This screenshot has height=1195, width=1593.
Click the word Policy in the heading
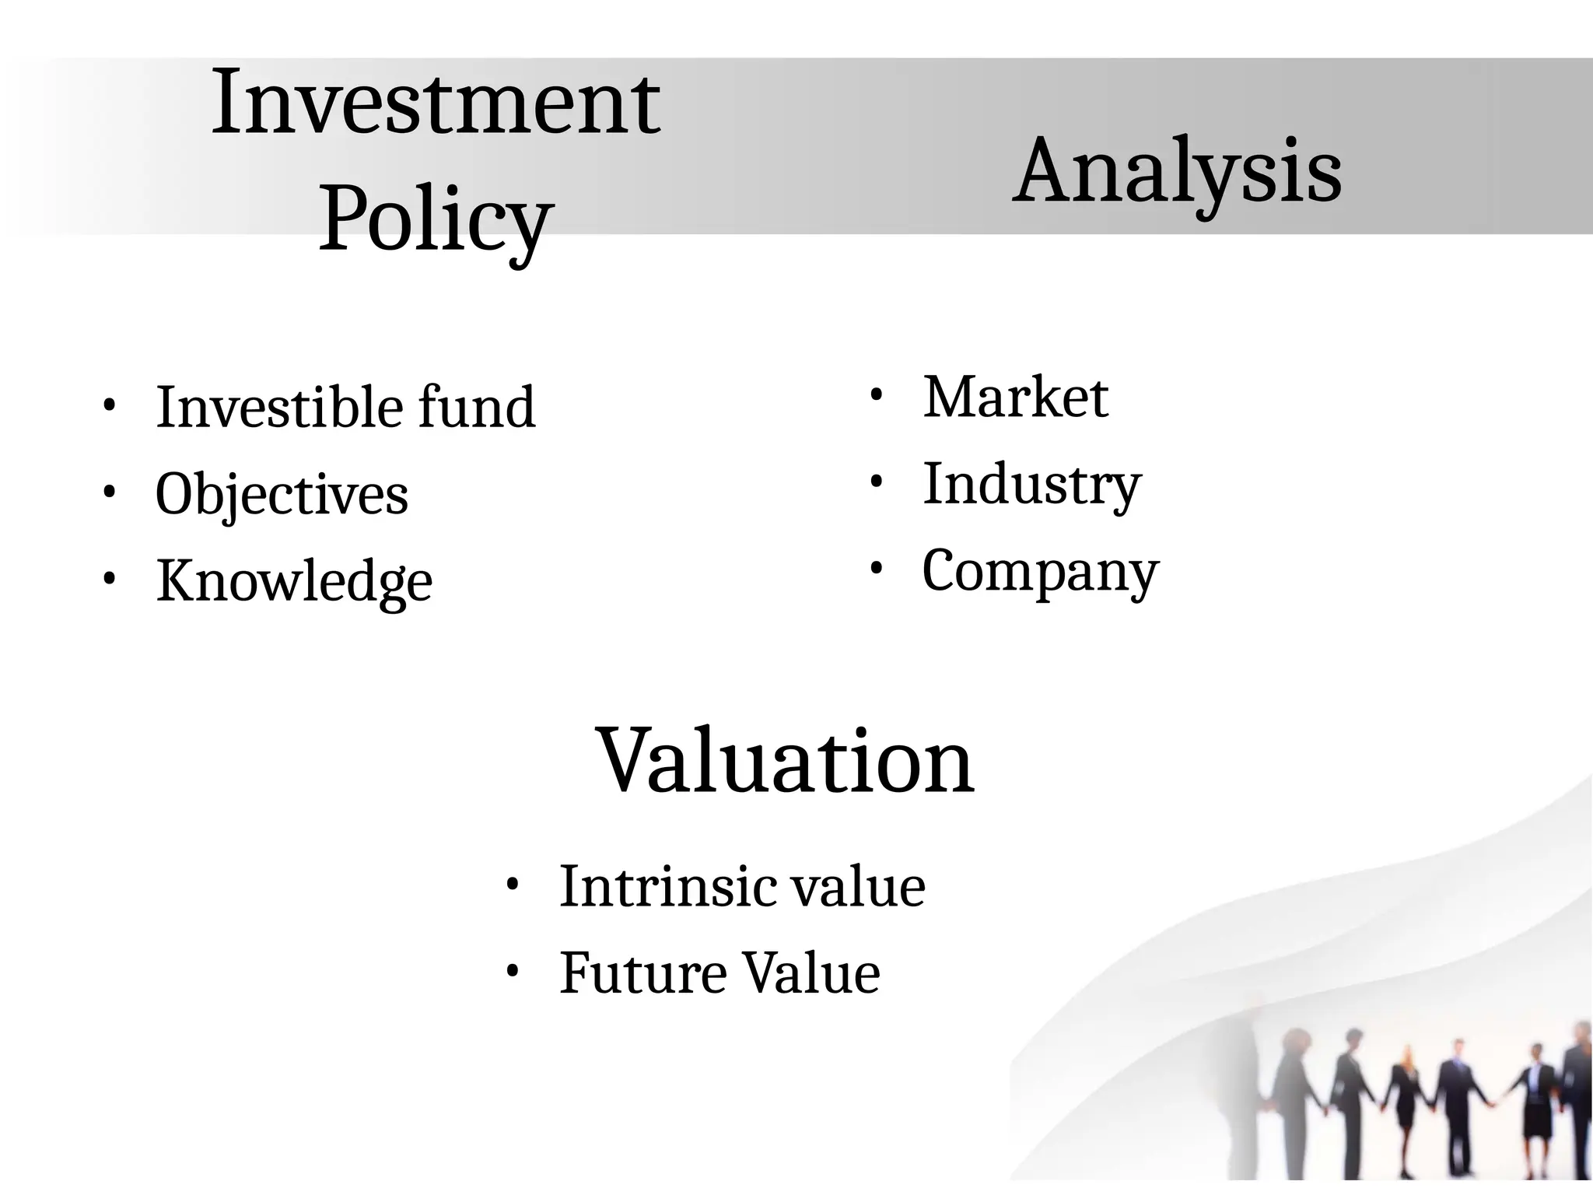pos(436,219)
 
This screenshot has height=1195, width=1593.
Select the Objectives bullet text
pos(282,494)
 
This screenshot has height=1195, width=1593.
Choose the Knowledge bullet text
pos(294,581)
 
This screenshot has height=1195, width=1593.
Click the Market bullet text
pos(1015,397)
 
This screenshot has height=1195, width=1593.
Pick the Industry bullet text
pos(1031,484)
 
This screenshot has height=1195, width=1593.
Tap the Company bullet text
pos(1040,571)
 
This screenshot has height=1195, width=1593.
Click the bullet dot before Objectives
pos(109,492)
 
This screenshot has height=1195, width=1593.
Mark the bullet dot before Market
pos(876,395)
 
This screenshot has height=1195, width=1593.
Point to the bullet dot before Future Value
pos(512,971)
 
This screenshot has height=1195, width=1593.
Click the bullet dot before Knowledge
pos(109,579)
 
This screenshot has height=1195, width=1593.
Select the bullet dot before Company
pos(876,569)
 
